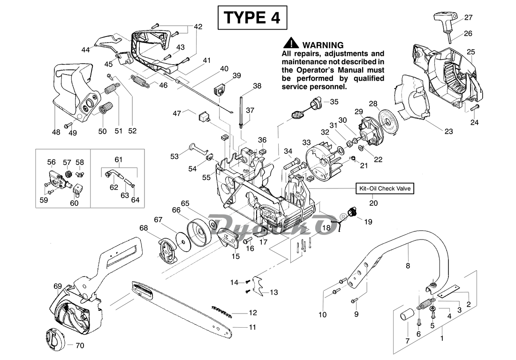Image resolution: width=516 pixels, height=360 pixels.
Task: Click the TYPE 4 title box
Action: [252, 18]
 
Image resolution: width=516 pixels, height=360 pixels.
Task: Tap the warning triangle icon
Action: [292, 44]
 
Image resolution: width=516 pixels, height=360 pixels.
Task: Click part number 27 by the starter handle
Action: [468, 17]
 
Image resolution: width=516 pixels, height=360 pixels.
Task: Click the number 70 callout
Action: [80, 346]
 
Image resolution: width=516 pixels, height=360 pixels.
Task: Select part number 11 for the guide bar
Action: [252, 327]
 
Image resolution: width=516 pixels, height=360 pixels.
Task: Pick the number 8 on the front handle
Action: [408, 266]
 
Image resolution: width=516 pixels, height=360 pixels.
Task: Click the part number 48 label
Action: [56, 132]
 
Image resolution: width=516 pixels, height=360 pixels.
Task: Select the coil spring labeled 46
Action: [140, 80]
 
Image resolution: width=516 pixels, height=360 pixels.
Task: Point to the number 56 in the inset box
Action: [51, 162]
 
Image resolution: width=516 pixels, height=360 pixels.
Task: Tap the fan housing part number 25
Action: [471, 52]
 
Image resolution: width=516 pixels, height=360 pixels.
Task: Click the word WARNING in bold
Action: [323, 45]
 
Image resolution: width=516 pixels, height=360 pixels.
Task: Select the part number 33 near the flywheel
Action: [306, 142]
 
